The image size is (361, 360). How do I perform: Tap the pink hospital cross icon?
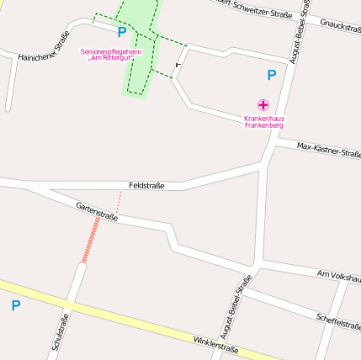263,105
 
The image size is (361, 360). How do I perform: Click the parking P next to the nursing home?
122,33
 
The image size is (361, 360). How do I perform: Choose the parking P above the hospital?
271,75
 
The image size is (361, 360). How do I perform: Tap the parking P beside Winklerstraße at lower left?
15,306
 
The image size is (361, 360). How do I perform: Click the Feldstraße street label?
146,185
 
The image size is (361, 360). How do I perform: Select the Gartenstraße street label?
97,211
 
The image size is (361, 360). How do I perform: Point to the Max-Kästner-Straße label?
329,150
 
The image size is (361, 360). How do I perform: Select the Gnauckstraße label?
340,28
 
